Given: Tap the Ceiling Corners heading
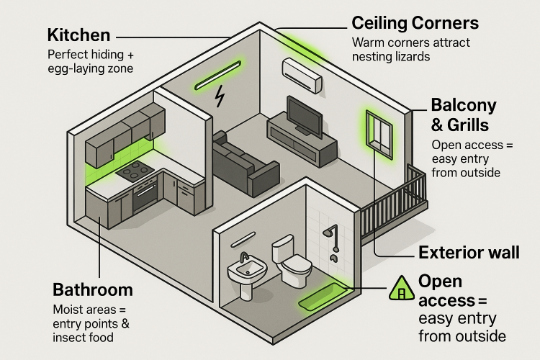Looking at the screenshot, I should pyautogui.click(x=415, y=23).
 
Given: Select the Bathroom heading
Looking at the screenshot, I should pyautogui.click(x=93, y=290).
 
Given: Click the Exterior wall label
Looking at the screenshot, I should pyautogui.click(x=469, y=253).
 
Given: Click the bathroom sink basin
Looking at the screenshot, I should pyautogui.click(x=246, y=271).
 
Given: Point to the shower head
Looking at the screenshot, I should pyautogui.click(x=330, y=232).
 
